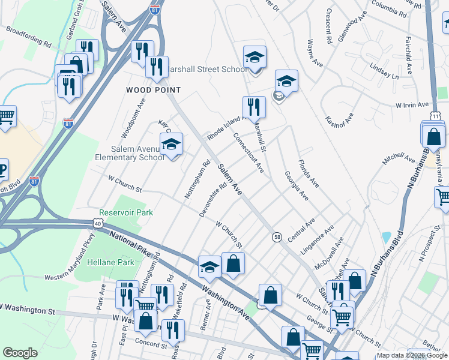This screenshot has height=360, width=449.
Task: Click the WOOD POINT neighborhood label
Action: [x=153, y=90]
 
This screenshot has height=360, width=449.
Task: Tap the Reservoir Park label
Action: [x=127, y=212]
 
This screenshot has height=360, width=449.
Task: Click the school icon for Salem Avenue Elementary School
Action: [x=171, y=145]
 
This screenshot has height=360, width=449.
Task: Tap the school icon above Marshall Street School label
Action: [x=255, y=58]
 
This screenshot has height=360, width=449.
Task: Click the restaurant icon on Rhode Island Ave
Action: [x=254, y=107]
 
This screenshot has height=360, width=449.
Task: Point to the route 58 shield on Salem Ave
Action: [x=277, y=237]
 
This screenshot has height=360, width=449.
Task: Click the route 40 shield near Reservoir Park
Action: [x=98, y=223]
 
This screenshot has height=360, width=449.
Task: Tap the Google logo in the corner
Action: [x=20, y=353]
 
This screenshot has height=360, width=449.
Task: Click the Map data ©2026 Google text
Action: [x=412, y=355]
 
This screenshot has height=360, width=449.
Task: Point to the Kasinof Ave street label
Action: [x=339, y=123]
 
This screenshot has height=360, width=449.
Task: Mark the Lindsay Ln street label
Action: [x=384, y=73]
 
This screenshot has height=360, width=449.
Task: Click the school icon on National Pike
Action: [x=209, y=268]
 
